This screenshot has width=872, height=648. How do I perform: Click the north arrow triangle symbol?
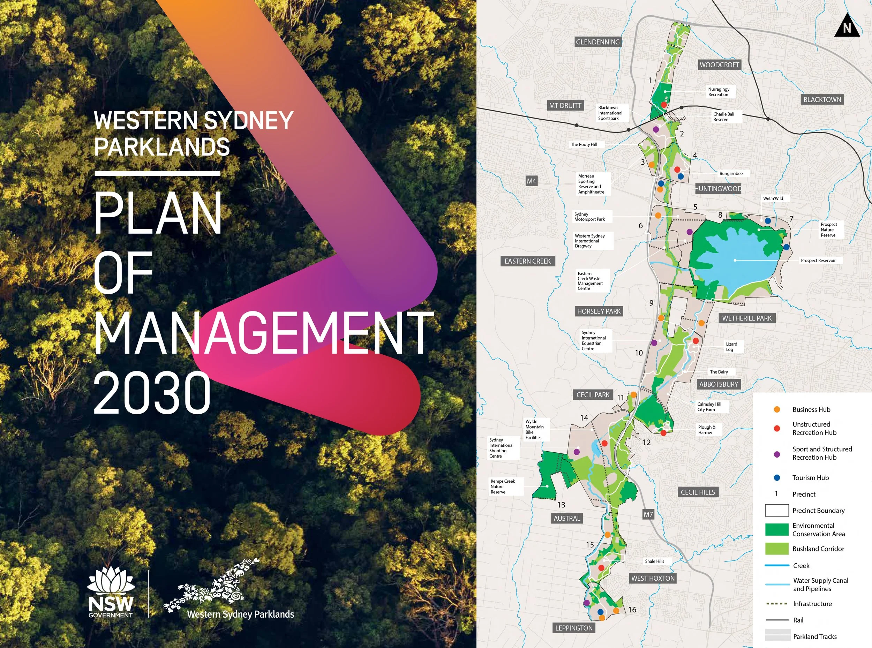(x=847, y=26)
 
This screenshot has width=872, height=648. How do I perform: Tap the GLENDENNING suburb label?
(x=597, y=42)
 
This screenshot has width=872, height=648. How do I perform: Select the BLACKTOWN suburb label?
(x=822, y=100)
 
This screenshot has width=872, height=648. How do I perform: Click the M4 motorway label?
(x=531, y=181)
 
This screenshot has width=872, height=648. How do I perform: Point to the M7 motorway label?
(x=648, y=514)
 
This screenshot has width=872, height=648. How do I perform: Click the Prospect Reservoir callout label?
(x=818, y=261)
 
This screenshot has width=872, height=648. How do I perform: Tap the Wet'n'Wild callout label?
(x=773, y=198)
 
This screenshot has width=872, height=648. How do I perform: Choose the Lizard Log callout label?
(x=731, y=347)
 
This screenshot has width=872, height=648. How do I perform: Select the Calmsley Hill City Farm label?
(x=709, y=407)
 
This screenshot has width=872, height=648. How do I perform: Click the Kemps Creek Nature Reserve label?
(x=503, y=487)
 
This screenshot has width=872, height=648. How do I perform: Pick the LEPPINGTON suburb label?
(x=574, y=628)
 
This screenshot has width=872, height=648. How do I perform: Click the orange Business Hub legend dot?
(x=777, y=409)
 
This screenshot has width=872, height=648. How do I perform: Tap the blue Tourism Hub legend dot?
(x=777, y=478)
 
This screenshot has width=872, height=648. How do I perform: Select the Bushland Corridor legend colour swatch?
(x=777, y=549)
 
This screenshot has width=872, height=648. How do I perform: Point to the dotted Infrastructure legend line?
(x=777, y=604)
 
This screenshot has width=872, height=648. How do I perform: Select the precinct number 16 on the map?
(x=632, y=610)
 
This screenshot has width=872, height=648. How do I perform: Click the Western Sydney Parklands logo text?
(x=240, y=614)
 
